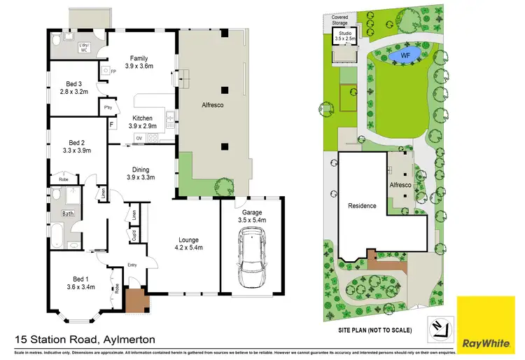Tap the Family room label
pyautogui.click(x=138, y=59)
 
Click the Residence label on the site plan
pyautogui.click(x=362, y=206)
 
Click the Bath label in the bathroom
pyautogui.click(x=68, y=214)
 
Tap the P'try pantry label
pyautogui.click(x=108, y=108)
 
